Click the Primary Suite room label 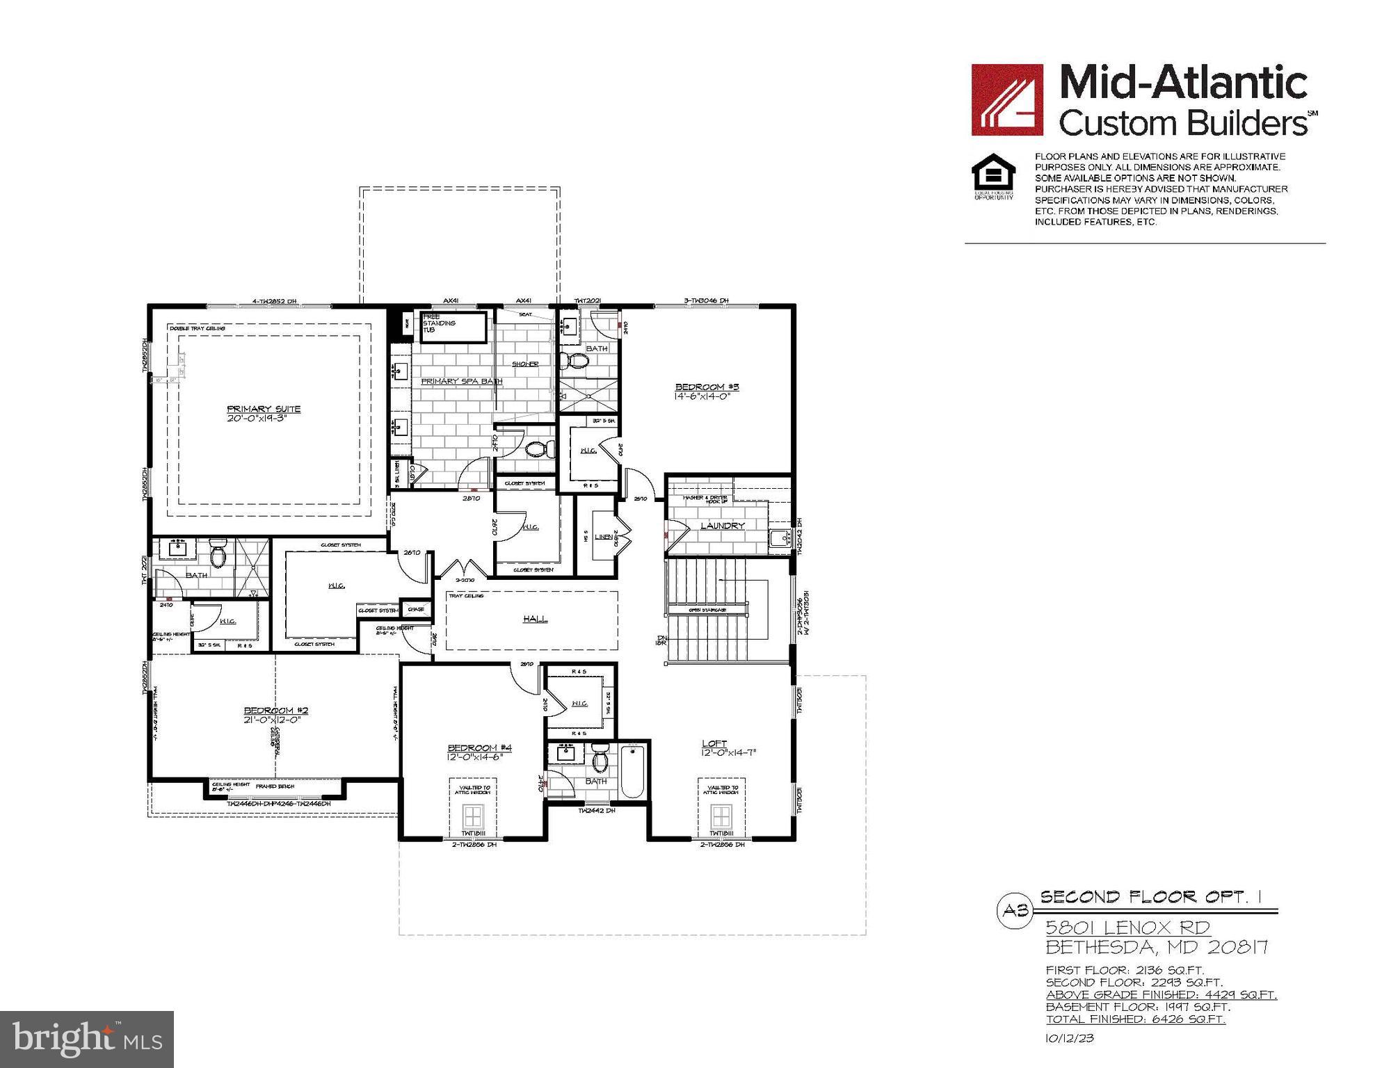(x=264, y=409)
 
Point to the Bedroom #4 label (x=479, y=747)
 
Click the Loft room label (x=714, y=743)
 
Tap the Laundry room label (x=722, y=526)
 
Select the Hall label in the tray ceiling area (x=535, y=618)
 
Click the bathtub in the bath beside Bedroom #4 (x=634, y=771)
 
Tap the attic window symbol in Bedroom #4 (x=474, y=815)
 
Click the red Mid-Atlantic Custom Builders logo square (x=1006, y=99)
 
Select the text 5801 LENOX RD (x=1128, y=928)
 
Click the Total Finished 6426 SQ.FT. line (x=1135, y=1019)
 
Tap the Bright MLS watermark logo (x=87, y=1039)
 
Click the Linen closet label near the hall (x=604, y=537)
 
